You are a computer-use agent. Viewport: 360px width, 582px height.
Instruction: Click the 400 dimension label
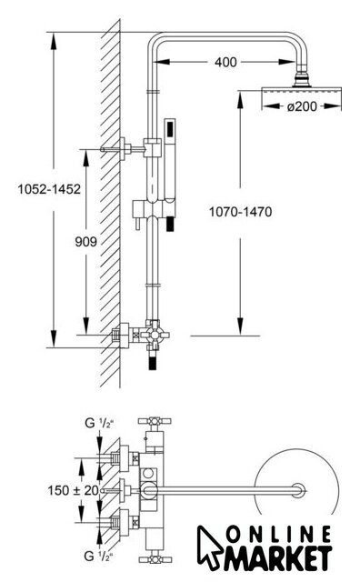[x=225, y=62]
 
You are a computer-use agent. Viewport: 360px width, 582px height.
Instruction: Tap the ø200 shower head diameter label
[x=302, y=106]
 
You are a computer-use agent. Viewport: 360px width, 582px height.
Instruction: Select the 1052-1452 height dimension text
[x=49, y=189]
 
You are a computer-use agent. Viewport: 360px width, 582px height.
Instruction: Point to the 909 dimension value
[x=85, y=242]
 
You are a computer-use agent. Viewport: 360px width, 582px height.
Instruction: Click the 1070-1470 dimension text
[x=241, y=212]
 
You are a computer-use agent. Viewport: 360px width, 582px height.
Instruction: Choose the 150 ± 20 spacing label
[x=73, y=490]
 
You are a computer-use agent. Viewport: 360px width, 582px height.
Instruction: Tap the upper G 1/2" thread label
[x=99, y=423]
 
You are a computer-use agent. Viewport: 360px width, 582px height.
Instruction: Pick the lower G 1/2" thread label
[x=99, y=556]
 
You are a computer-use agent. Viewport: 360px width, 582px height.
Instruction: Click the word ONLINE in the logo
[x=278, y=536]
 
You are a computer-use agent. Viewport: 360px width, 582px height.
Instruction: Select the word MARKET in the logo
[x=277, y=557]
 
